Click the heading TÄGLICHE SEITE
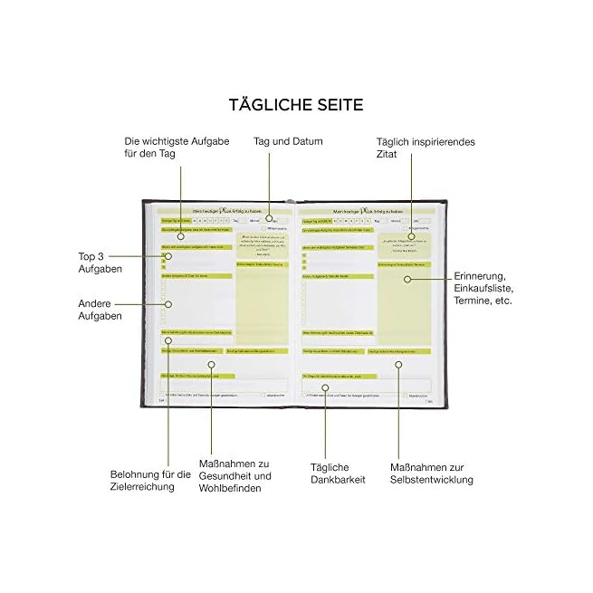(x=296, y=105)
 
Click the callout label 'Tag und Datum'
(x=288, y=142)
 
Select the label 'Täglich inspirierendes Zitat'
(x=426, y=148)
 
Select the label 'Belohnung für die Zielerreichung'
(x=150, y=481)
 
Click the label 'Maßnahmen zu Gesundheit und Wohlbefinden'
(x=234, y=475)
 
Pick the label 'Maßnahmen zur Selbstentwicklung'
(x=431, y=473)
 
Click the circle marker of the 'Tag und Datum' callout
(x=270, y=219)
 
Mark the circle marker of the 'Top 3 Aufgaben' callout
(x=168, y=256)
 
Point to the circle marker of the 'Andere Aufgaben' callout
(x=168, y=304)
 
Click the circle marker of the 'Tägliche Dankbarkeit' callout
(x=328, y=389)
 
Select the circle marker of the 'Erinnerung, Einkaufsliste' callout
(x=407, y=279)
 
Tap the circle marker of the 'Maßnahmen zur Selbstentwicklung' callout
(x=398, y=364)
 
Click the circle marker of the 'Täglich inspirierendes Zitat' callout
(x=411, y=236)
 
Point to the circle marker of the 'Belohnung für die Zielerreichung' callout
(x=168, y=340)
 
